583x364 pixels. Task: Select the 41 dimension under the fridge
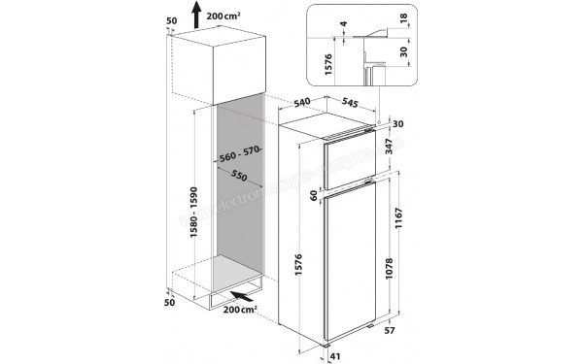[336, 356]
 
